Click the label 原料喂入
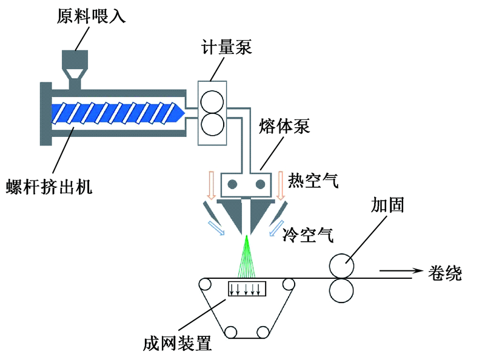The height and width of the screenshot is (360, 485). click(91, 15)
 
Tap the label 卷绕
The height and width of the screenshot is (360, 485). click(445, 272)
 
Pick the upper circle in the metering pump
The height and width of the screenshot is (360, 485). click(212, 101)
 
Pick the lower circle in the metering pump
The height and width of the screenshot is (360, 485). click(212, 125)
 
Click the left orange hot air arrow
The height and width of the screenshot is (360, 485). click(211, 185)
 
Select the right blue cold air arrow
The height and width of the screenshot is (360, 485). click(276, 228)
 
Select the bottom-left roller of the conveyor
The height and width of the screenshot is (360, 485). click(231, 332)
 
